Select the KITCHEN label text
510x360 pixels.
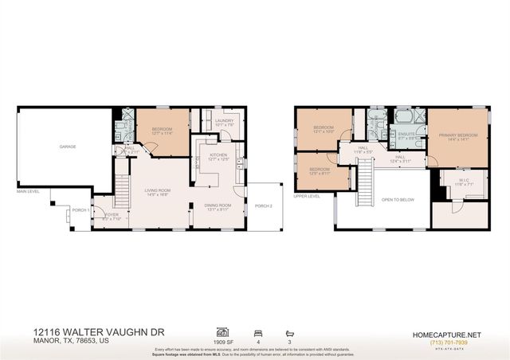[218, 155]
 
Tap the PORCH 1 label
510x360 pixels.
[80, 209]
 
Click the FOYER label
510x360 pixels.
[111, 214]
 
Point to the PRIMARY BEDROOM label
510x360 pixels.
[458, 135]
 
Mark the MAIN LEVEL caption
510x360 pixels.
[28, 191]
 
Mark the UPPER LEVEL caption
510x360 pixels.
[306, 195]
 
